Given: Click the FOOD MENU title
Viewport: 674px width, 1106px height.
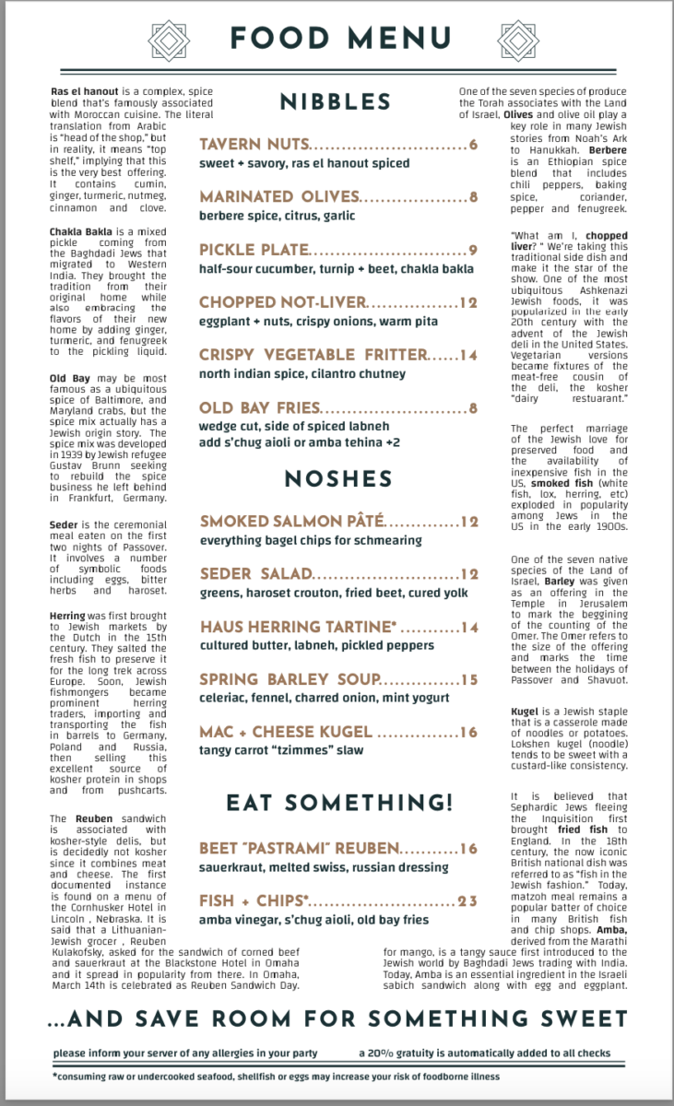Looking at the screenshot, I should coord(340,38).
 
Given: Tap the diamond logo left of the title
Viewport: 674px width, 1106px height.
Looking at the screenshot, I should coord(169,38).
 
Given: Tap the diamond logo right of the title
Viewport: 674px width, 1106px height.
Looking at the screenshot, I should coord(517,38).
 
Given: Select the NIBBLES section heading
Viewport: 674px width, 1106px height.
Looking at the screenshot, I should coord(336,102).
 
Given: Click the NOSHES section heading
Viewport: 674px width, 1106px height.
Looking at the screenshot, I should coord(338,479).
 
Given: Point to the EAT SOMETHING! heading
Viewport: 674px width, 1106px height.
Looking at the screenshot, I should coord(339,803).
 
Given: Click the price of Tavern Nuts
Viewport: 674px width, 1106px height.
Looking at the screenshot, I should coord(472,145).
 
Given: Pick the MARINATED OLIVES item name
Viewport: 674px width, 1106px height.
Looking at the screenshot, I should coord(278,197).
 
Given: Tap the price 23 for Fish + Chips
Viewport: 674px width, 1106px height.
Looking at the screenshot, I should coord(467,900).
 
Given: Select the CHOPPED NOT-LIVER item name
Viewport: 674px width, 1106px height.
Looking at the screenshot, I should coord(282,302).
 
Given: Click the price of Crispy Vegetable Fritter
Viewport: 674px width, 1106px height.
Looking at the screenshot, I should coord(468,355).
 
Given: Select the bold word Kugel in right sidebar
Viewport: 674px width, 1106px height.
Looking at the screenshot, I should coord(526,712).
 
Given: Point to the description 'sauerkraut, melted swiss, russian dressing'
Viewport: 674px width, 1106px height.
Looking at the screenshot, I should coord(324,867).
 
